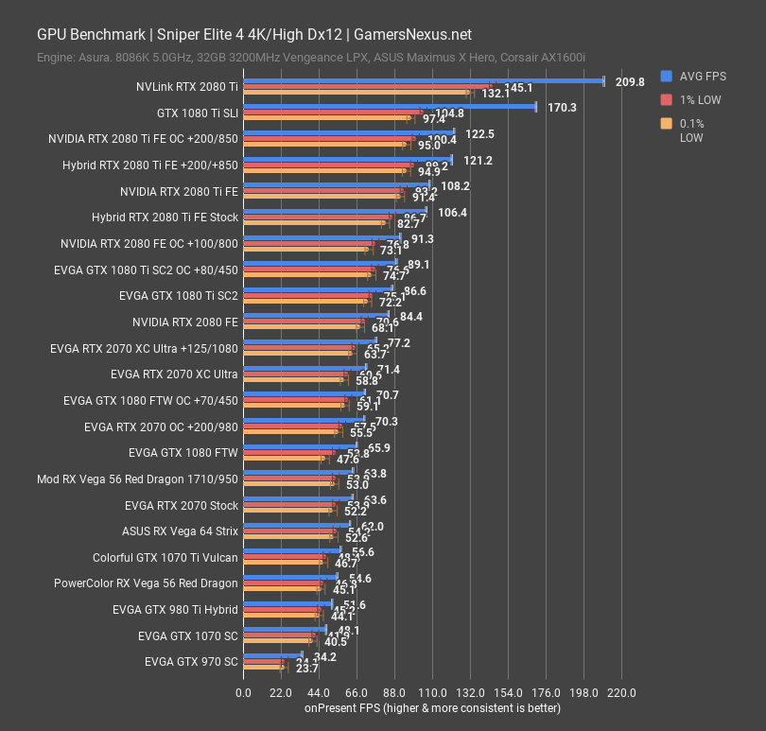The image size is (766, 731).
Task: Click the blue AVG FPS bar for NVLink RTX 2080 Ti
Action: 424,81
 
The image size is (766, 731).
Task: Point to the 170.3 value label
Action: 562,108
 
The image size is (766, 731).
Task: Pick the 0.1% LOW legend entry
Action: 695,130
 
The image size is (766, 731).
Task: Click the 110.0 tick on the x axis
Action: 432,693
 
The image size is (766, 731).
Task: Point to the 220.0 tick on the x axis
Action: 621,693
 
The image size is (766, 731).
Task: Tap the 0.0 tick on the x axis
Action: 243,693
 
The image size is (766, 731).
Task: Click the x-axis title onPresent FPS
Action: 432,708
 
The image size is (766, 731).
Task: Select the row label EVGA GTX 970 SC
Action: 191,661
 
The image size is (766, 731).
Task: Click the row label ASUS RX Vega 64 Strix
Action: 180,531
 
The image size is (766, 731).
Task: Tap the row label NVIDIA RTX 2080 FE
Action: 185,322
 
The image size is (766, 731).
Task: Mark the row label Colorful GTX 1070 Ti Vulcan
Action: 165,557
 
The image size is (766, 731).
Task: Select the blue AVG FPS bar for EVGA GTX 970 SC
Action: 272,653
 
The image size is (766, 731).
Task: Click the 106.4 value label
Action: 453,213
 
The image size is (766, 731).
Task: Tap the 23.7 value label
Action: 306,669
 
